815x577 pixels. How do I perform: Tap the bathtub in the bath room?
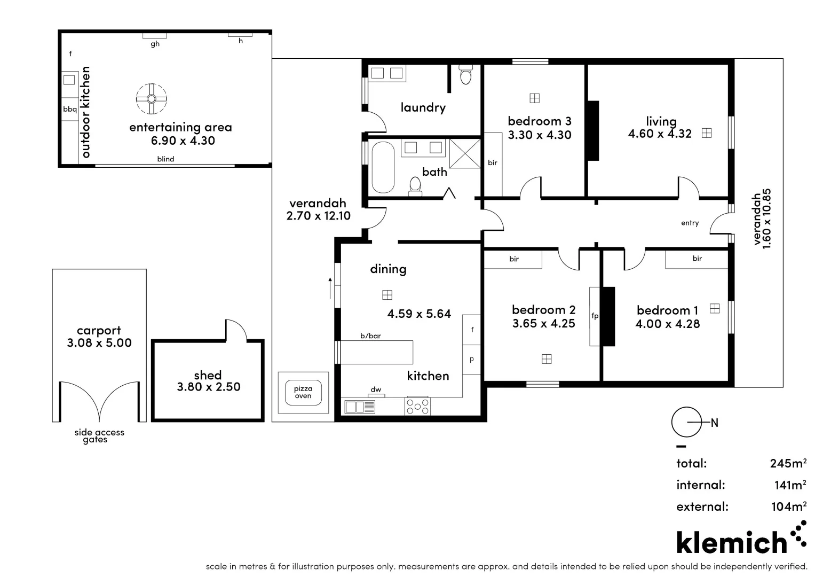point(382,167)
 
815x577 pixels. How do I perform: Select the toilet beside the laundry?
point(466,75)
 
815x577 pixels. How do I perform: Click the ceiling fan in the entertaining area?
point(151,99)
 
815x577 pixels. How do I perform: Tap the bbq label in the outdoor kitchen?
point(70,110)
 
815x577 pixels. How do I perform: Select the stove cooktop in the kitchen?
point(417,406)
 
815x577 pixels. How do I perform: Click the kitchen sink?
point(360,407)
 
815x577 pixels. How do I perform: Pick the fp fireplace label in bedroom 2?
point(595,316)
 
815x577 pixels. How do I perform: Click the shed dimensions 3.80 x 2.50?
point(209,387)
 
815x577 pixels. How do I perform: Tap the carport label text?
point(99,331)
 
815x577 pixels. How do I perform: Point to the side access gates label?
point(99,436)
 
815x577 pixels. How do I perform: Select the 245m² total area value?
point(788,463)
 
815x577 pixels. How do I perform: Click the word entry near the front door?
point(690,223)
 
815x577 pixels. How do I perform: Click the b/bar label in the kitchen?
point(370,336)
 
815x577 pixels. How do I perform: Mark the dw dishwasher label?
point(376,389)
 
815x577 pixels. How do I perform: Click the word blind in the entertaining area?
point(165,159)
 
